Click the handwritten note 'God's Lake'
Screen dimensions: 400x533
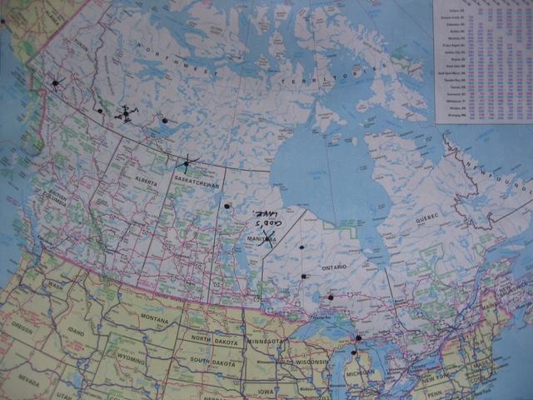tap(268, 221)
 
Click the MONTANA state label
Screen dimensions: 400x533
tap(161, 319)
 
